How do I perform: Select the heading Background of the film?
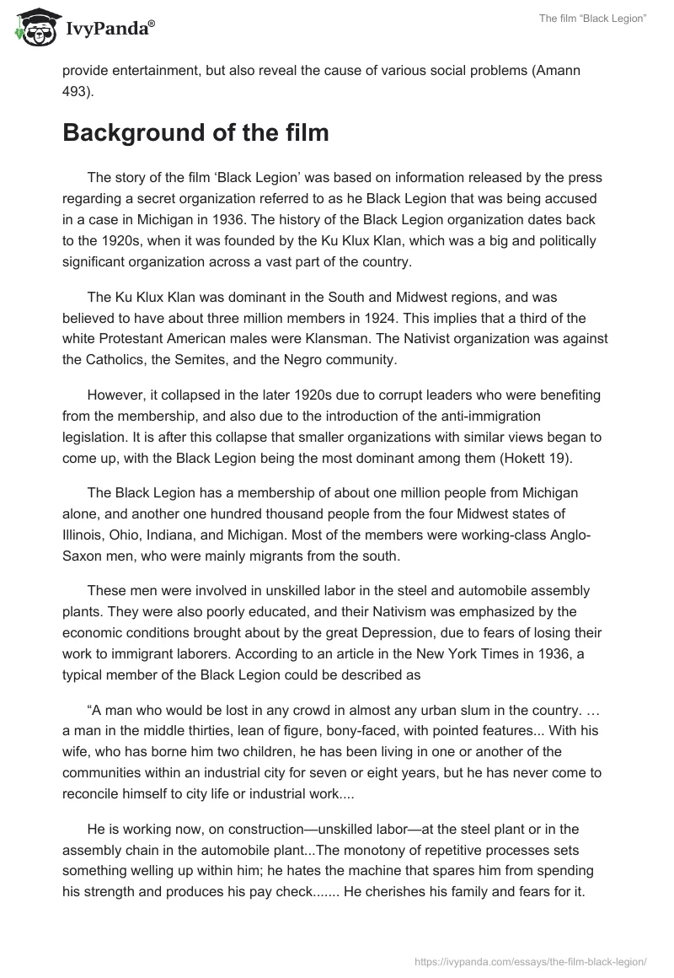point(195,133)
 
